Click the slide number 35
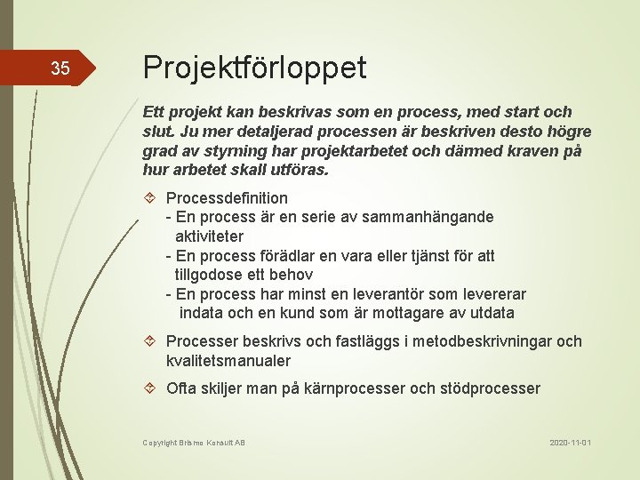coord(60,68)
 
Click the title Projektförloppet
coord(254,67)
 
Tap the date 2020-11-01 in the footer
coord(570,442)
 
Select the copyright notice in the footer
coord(194,442)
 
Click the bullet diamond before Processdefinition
coord(150,197)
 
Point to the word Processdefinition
coord(227,197)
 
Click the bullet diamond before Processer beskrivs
coord(150,341)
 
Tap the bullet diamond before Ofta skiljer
coord(150,388)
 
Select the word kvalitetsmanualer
coord(228,361)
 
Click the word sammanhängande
coord(436,217)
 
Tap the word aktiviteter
coord(209,236)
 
